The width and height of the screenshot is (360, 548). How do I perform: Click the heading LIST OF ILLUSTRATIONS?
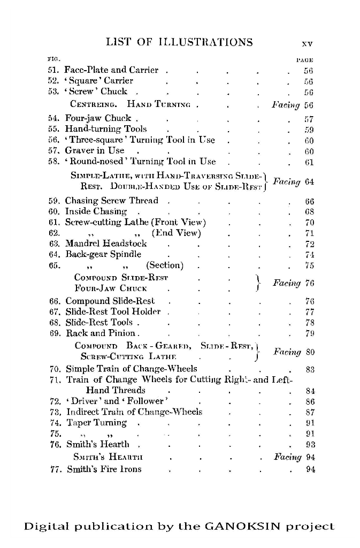179,42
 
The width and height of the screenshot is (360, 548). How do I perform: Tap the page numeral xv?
307,43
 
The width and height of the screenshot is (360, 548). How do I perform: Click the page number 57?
309,118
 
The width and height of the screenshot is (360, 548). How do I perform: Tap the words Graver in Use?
95,150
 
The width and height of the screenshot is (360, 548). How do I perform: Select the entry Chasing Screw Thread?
112,201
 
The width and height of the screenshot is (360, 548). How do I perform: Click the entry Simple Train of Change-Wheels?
131,369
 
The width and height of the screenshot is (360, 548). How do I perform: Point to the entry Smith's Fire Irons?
104,469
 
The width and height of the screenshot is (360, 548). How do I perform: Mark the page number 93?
309,444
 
